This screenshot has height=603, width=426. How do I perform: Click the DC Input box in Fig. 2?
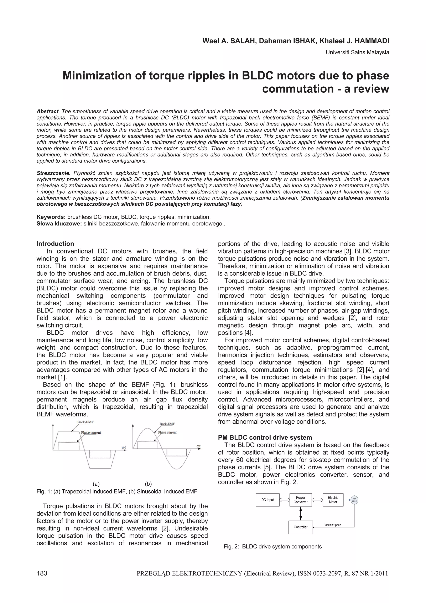click(x=267, y=500)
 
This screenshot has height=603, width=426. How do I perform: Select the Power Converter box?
click(x=300, y=500)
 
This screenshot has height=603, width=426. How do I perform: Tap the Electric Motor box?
click(x=333, y=500)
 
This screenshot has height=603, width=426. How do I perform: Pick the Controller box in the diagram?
click(x=300, y=527)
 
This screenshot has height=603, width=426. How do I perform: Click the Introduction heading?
click(x=55, y=244)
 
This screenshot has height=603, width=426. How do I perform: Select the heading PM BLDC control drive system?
click(x=265, y=437)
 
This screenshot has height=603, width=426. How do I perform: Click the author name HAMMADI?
click(x=373, y=41)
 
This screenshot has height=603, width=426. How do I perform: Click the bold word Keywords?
click(x=51, y=217)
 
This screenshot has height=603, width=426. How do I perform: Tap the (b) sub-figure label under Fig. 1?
click(x=148, y=484)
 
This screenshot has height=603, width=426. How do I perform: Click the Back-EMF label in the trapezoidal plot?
click(x=85, y=422)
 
